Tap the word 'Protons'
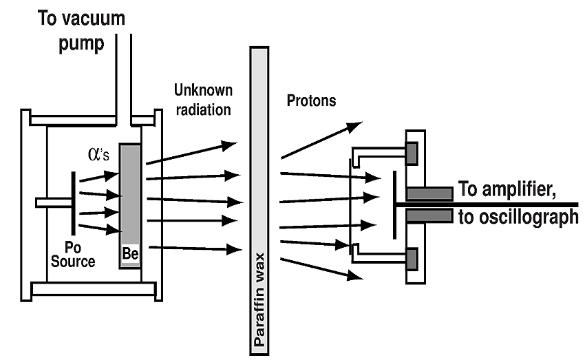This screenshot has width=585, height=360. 310,101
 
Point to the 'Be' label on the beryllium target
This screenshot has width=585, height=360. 130,253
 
